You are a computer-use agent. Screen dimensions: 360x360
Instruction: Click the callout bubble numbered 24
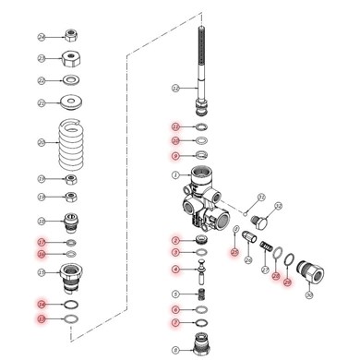pyautogui.click(x=42, y=36)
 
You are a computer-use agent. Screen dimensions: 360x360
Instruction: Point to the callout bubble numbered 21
pyautogui.click(x=42, y=102)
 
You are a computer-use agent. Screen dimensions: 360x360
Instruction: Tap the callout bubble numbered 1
pyautogui.click(x=174, y=174)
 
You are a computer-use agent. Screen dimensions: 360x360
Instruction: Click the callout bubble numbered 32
pyautogui.click(x=261, y=197)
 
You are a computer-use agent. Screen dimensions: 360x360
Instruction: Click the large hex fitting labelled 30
pyautogui.click(x=306, y=274)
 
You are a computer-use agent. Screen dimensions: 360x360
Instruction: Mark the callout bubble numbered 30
pyautogui.click(x=310, y=295)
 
